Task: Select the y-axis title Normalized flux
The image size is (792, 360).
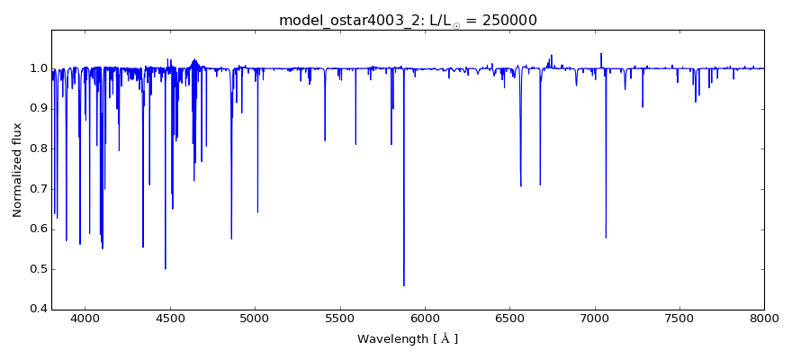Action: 17,170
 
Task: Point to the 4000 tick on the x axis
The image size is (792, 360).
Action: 85,318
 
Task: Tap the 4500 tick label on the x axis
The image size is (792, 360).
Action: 170,318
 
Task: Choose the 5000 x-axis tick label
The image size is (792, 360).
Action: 255,318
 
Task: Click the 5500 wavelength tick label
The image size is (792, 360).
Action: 340,318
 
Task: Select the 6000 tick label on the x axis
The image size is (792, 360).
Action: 425,318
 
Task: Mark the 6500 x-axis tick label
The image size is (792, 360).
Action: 509,318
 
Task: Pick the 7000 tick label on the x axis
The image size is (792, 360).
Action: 594,318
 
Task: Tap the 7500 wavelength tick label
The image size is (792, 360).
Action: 679,318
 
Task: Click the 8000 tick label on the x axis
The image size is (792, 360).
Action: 763,318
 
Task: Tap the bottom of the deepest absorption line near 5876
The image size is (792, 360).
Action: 404,285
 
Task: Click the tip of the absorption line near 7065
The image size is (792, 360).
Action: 606,238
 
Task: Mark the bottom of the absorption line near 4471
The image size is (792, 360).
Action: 166,268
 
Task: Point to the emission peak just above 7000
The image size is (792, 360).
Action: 601,54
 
